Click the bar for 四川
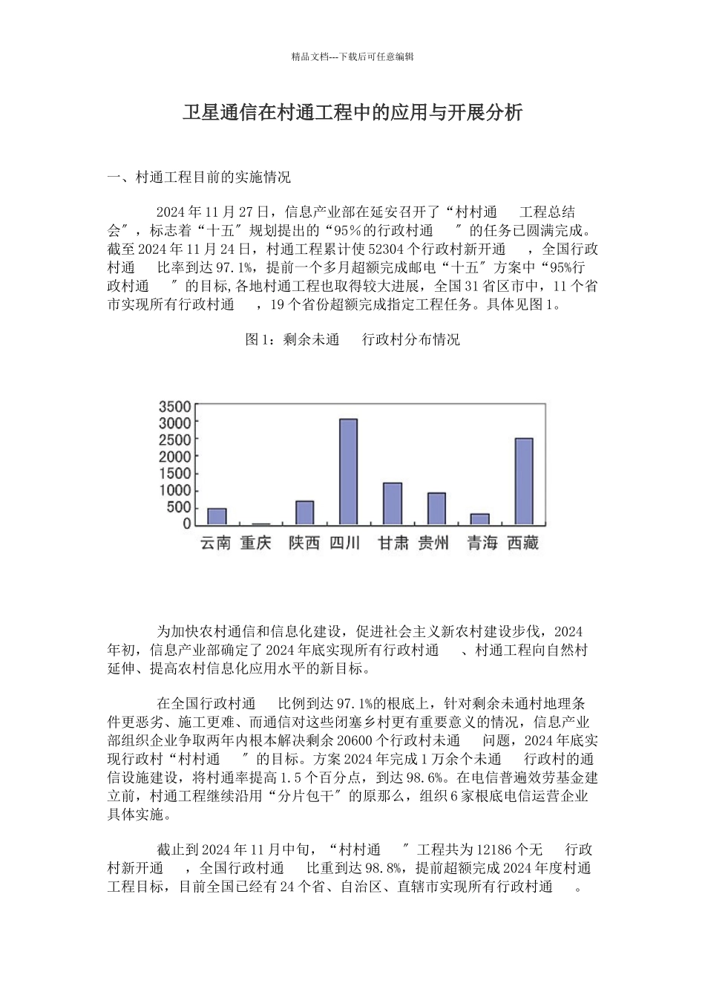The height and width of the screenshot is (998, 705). [x=348, y=472]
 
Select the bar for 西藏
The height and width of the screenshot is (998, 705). [x=524, y=481]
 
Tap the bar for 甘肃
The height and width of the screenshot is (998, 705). [x=392, y=503]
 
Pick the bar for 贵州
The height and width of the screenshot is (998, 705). [x=436, y=509]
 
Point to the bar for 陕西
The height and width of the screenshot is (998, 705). [x=304, y=512]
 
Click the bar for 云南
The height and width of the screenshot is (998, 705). [x=217, y=516]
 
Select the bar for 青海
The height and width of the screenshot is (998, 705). [x=480, y=519]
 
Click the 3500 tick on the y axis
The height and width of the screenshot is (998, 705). [x=175, y=406]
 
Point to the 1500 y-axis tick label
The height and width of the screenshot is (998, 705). [x=175, y=474]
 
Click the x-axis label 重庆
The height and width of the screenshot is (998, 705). [x=256, y=544]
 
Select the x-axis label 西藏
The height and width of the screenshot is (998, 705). [x=522, y=544]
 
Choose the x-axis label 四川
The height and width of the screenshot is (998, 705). [x=344, y=544]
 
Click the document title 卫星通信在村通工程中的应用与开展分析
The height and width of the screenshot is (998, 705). [x=352, y=112]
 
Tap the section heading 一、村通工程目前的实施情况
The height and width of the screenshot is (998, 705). [x=199, y=177]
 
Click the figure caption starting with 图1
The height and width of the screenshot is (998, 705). [x=352, y=339]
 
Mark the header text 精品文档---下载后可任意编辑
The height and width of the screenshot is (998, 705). [x=352, y=56]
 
